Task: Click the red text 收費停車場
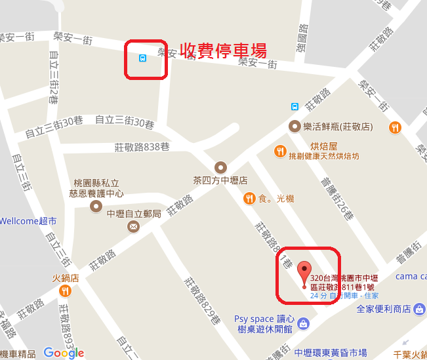(224, 50)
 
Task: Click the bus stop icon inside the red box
(142, 58)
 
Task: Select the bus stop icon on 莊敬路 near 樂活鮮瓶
(295, 106)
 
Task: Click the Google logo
(64, 352)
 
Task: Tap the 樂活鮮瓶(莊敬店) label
(338, 125)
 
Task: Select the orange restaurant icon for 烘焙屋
(280, 151)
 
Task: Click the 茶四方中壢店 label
(220, 180)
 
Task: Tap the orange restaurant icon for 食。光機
(249, 198)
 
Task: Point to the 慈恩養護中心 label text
(96, 194)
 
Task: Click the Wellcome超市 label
(28, 221)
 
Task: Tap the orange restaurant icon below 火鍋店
(65, 291)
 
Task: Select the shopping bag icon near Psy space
(304, 323)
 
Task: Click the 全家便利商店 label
(393, 309)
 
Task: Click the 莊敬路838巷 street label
(142, 146)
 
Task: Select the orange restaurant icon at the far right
(395, 127)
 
